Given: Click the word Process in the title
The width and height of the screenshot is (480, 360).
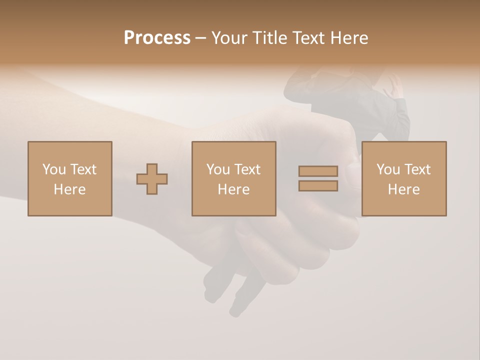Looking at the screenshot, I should (x=157, y=38).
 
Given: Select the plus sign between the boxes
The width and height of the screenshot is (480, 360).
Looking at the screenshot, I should (x=152, y=178).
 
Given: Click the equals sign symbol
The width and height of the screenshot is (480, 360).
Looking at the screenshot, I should (x=318, y=178).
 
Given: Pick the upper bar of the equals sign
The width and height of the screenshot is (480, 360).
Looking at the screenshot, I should (x=318, y=171).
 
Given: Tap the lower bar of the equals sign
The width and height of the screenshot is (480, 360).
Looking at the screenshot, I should (x=318, y=185).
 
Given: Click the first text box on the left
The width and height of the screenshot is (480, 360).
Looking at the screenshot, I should (x=70, y=178).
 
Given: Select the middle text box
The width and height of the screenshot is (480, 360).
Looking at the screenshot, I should (x=233, y=178).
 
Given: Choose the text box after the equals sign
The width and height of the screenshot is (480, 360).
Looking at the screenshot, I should (x=403, y=178).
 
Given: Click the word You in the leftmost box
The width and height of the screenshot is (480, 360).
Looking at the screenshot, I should (x=54, y=169).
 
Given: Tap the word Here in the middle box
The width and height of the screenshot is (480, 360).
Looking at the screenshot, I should (x=233, y=189).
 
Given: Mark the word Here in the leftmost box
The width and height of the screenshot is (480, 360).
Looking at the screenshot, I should (x=70, y=189).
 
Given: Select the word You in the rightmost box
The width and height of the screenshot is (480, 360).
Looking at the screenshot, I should (x=388, y=169).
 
